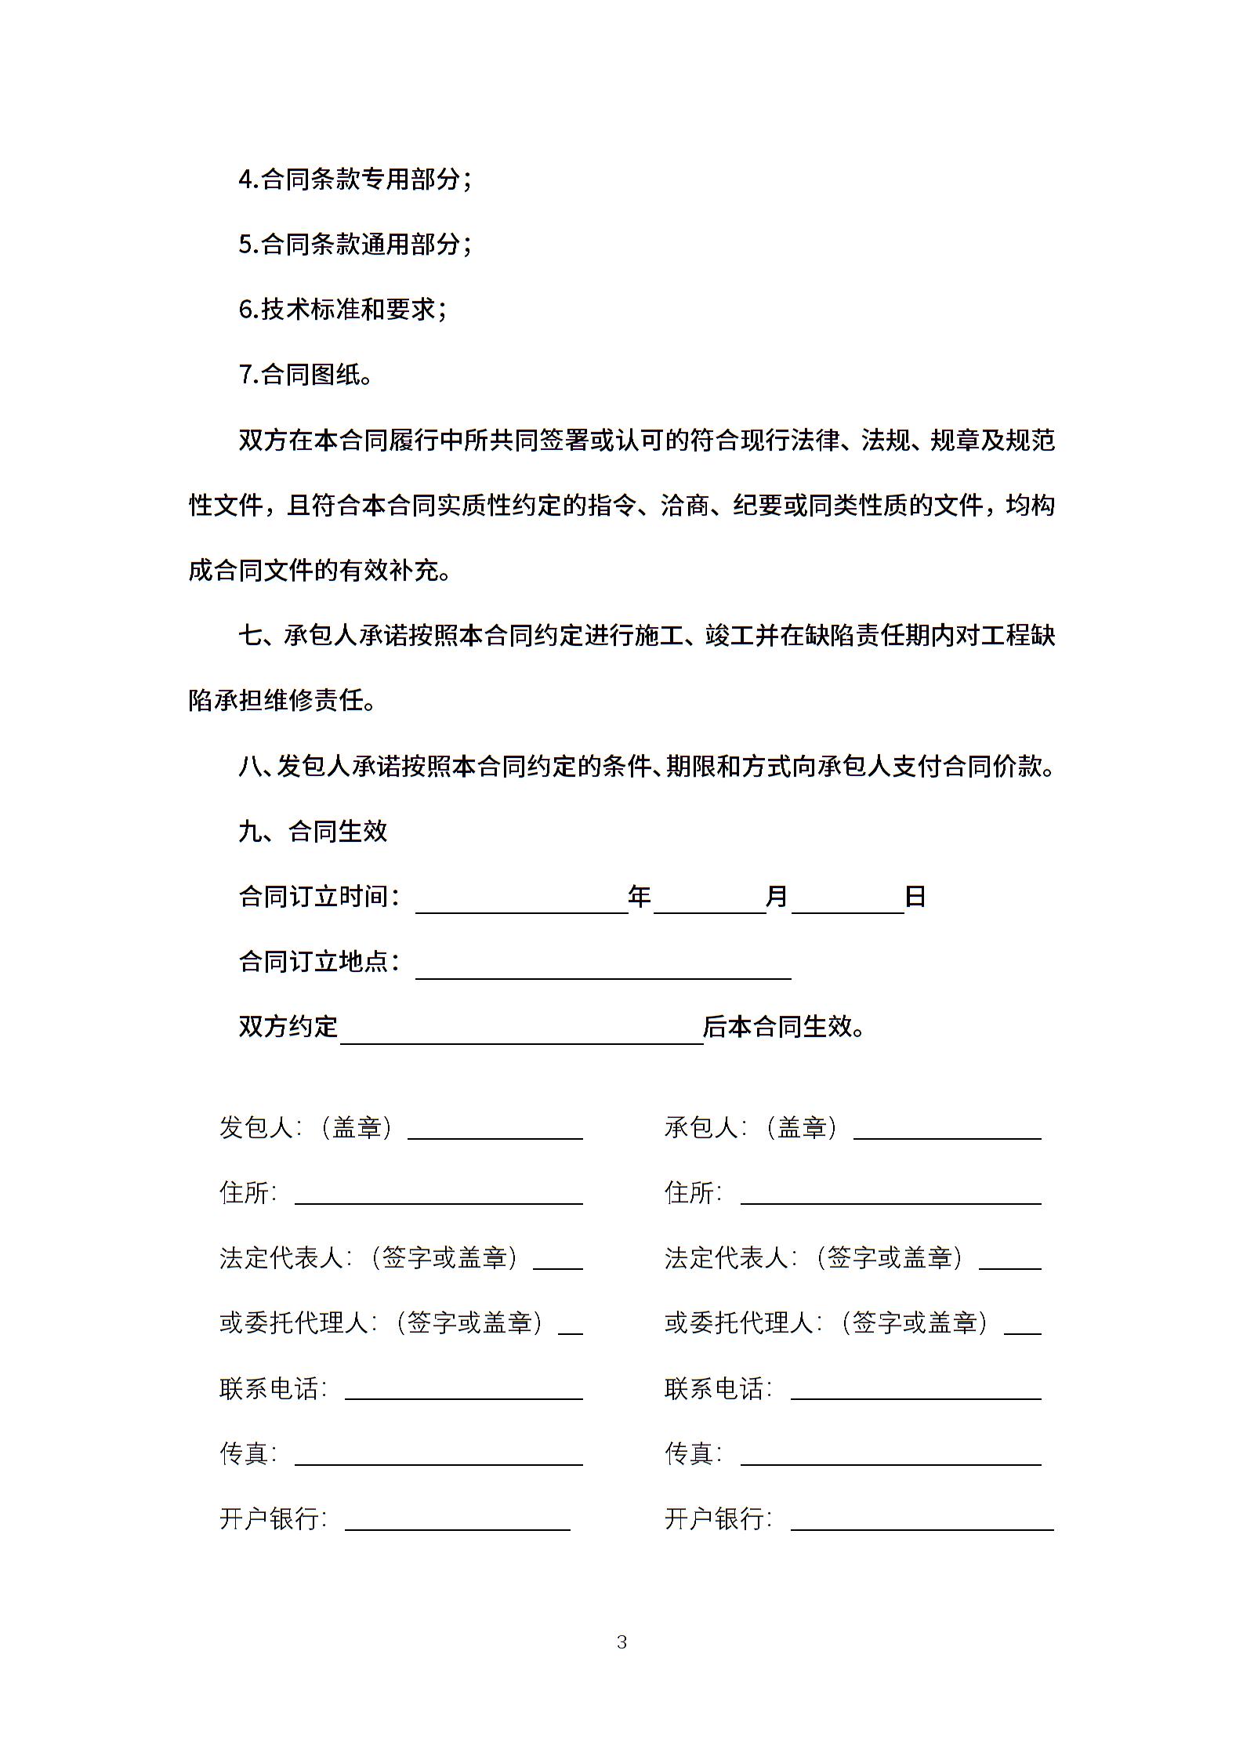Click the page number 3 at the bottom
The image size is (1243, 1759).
621,1641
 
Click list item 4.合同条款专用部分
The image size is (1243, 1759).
355,180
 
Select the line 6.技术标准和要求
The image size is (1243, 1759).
342,310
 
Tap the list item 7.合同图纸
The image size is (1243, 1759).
306,375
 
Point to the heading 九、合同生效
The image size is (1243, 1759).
313,831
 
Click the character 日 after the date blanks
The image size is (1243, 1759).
915,896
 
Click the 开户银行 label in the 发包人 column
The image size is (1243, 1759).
272,1518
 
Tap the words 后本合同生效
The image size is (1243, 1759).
784,1026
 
